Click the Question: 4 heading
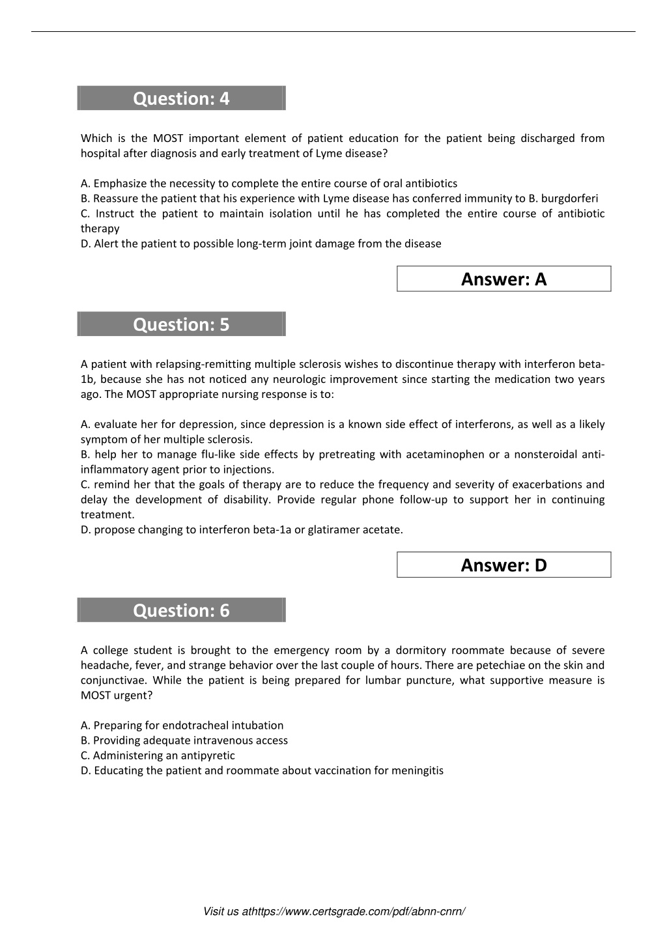coord(181,98)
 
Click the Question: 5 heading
coord(181,324)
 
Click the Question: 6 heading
coord(181,610)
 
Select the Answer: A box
coord(504,279)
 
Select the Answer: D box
coord(504,565)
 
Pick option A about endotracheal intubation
coord(182,725)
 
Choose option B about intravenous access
coord(184,740)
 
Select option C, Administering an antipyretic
coord(158,755)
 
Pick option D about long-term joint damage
coord(261,244)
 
